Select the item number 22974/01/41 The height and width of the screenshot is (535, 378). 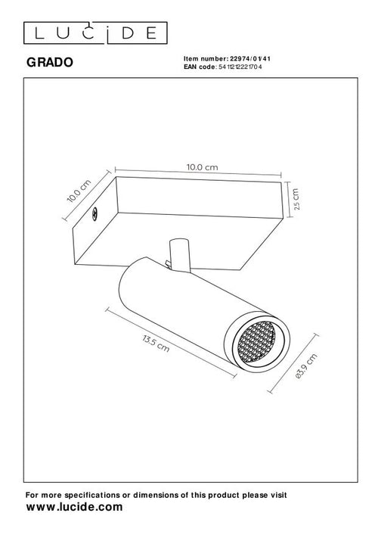coord(250,58)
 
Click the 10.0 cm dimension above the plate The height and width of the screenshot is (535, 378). coord(202,166)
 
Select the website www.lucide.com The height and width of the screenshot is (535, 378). coord(74,507)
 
